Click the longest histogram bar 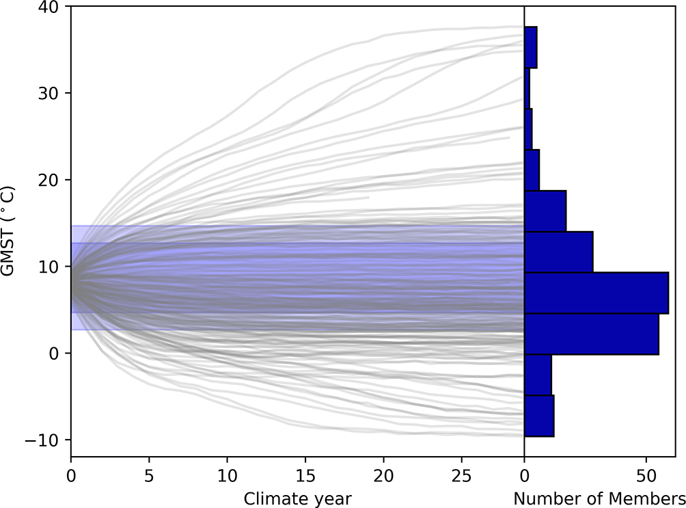(596, 293)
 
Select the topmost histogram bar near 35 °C (530, 47)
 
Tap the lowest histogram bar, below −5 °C (538, 416)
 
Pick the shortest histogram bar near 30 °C (527, 88)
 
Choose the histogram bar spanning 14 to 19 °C (545, 211)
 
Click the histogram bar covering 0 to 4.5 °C (591, 334)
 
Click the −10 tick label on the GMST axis (48, 440)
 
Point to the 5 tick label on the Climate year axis (149, 475)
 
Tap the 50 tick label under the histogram (646, 475)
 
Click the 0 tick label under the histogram (524, 475)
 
